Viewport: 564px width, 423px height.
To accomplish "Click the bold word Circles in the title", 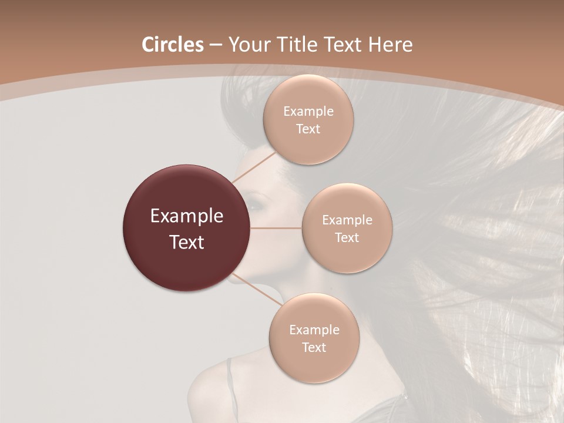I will pyautogui.click(x=172, y=45).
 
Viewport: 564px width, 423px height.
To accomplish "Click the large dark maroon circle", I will pyautogui.click(x=187, y=228).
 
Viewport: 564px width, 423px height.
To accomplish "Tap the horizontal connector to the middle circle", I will pyautogui.click(x=276, y=228).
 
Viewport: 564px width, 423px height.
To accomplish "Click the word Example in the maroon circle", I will pyautogui.click(x=187, y=217).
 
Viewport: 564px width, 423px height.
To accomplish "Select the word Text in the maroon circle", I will pyautogui.click(x=187, y=242).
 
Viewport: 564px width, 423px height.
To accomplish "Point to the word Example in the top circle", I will pyautogui.click(x=308, y=112).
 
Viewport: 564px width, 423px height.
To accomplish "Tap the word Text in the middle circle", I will pyautogui.click(x=347, y=238).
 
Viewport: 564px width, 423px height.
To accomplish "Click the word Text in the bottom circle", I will pyautogui.click(x=314, y=347).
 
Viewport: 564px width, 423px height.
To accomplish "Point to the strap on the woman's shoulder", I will pyautogui.click(x=230, y=382).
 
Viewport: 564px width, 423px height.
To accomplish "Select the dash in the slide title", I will pyautogui.click(x=215, y=45).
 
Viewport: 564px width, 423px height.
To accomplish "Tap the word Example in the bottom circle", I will pyautogui.click(x=314, y=330).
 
